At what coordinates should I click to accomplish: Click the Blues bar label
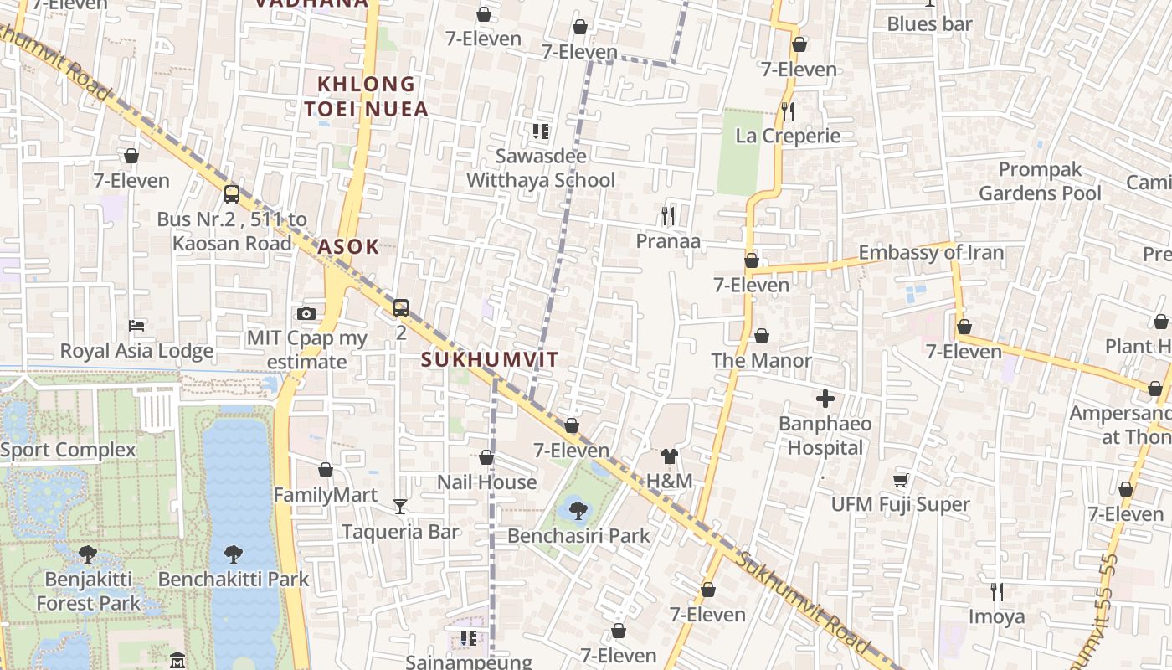(929, 24)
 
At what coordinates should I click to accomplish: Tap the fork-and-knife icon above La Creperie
(787, 111)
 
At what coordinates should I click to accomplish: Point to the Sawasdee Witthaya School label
(541, 168)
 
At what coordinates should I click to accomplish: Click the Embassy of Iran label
(931, 252)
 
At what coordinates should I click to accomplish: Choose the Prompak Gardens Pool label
(1040, 181)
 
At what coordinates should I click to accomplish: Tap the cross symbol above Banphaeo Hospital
(825, 399)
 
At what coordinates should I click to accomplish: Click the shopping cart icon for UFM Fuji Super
(900, 480)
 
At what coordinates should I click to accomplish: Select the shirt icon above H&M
(670, 456)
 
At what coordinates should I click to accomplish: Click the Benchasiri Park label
(579, 535)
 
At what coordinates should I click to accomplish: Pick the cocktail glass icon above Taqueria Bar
(400, 507)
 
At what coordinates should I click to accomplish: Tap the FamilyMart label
(326, 495)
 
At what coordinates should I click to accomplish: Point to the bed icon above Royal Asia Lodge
(136, 325)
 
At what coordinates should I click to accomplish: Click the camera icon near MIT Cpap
(306, 314)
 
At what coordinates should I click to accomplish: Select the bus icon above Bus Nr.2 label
(232, 194)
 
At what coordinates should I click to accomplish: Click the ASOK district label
(348, 247)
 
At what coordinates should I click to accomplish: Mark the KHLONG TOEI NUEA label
(366, 96)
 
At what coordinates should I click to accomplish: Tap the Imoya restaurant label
(996, 617)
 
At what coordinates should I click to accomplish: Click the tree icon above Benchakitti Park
(234, 554)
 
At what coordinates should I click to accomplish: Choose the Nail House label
(486, 482)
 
